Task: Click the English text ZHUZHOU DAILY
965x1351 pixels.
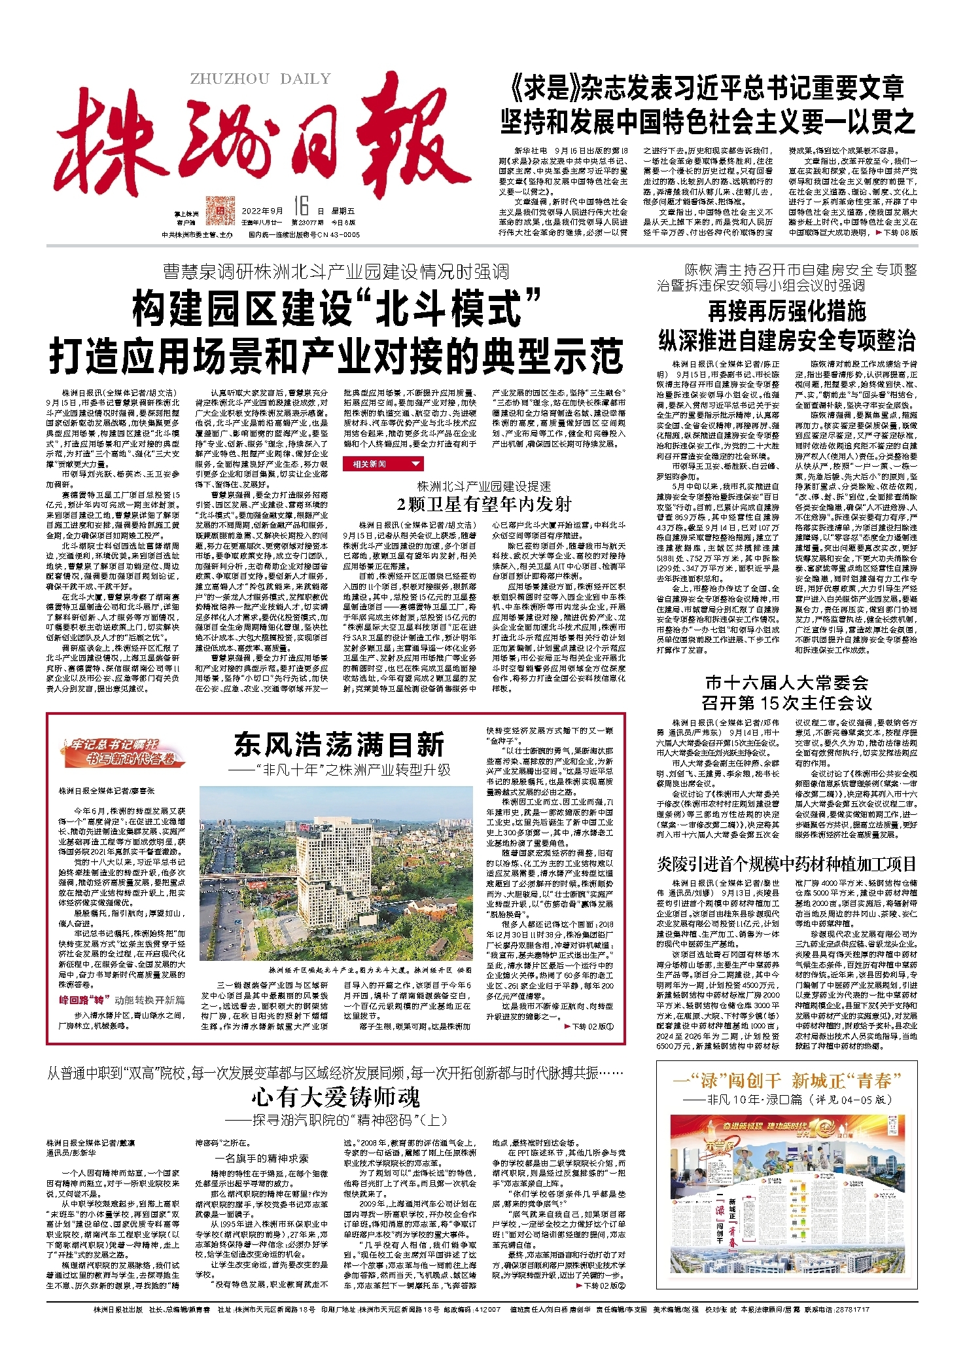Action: pyautogui.click(x=260, y=79)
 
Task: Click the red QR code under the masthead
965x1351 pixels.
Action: pyautogui.click(x=220, y=210)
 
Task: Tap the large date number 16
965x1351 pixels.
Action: pyautogui.click(x=300, y=207)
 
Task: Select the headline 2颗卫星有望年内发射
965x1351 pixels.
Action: pyautogui.click(x=484, y=504)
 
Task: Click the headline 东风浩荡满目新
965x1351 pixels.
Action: pyautogui.click(x=339, y=744)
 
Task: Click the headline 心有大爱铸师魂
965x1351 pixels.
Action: pyautogui.click(x=336, y=1098)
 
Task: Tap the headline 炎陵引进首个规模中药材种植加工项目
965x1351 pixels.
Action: pyautogui.click(x=786, y=864)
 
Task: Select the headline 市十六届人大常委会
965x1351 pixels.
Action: pyautogui.click(x=786, y=683)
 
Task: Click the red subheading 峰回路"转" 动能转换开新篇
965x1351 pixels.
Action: pyautogui.click(x=122, y=1000)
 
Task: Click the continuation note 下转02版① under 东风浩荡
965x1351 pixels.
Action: pyautogui.click(x=589, y=1026)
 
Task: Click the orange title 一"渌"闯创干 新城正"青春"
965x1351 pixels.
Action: pyautogui.click(x=786, y=1080)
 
